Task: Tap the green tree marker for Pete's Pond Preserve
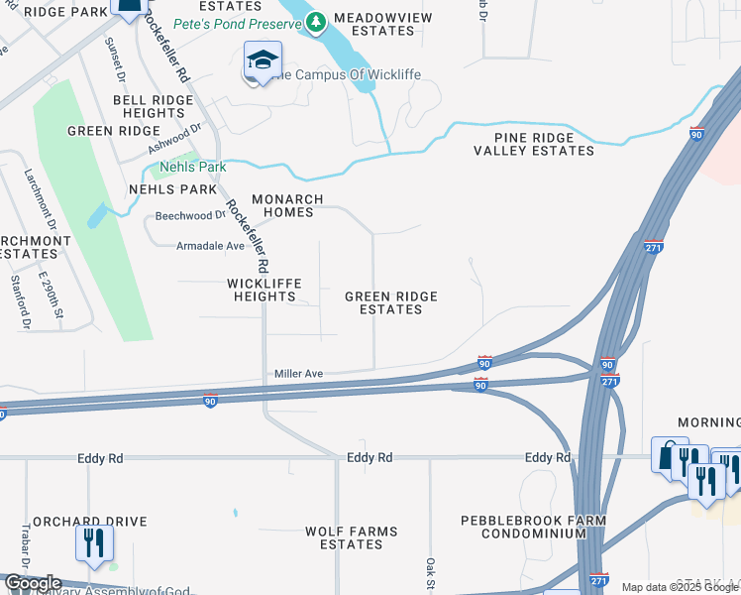click(316, 21)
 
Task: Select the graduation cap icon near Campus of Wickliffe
click(263, 61)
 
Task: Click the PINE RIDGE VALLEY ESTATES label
click(533, 144)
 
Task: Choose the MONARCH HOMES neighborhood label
click(287, 205)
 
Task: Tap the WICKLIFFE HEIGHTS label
click(264, 290)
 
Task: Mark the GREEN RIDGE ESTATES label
click(390, 302)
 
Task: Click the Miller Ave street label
click(299, 374)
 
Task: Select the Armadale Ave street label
click(210, 246)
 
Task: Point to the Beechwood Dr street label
click(191, 215)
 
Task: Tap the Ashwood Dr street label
click(174, 137)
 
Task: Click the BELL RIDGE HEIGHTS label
click(150, 107)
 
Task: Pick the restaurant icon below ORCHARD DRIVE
click(95, 543)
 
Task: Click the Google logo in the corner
click(32, 583)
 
